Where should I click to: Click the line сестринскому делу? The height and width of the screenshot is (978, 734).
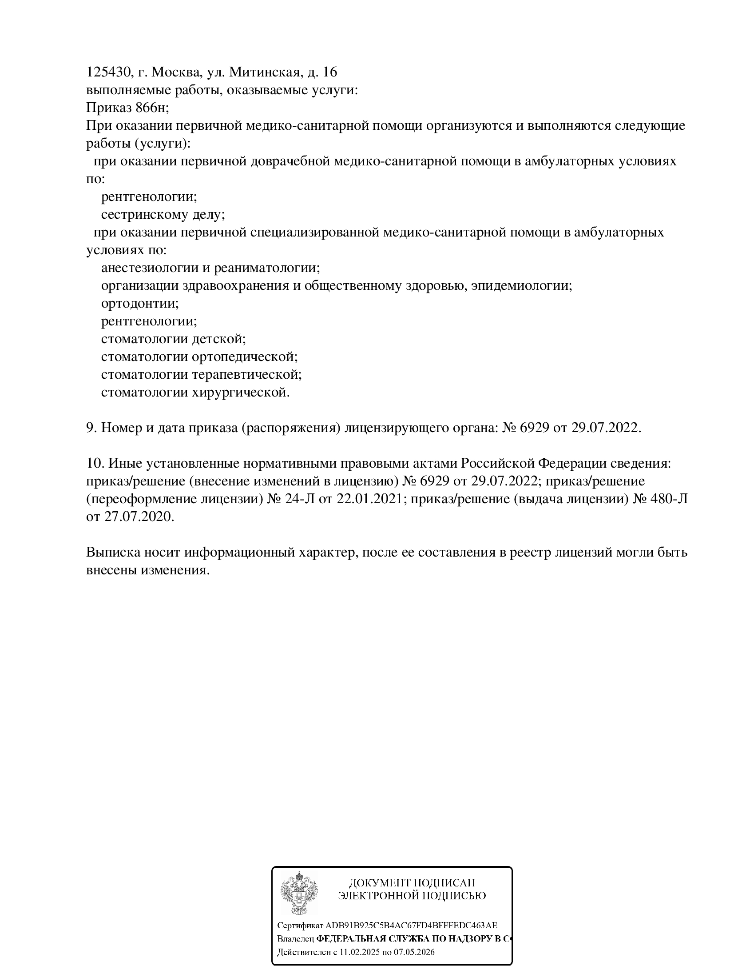[163, 215]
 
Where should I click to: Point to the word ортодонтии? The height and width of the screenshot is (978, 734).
[140, 304]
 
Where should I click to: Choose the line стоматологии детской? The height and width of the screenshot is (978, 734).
[173, 339]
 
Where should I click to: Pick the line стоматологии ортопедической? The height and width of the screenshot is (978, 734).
[199, 357]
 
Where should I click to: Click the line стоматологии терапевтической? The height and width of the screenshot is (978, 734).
[201, 375]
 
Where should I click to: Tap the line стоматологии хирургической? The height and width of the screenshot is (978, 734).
[195, 393]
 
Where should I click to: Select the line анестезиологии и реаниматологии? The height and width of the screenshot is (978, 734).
[210, 268]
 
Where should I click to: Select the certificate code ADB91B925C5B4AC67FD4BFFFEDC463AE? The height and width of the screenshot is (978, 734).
[411, 926]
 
